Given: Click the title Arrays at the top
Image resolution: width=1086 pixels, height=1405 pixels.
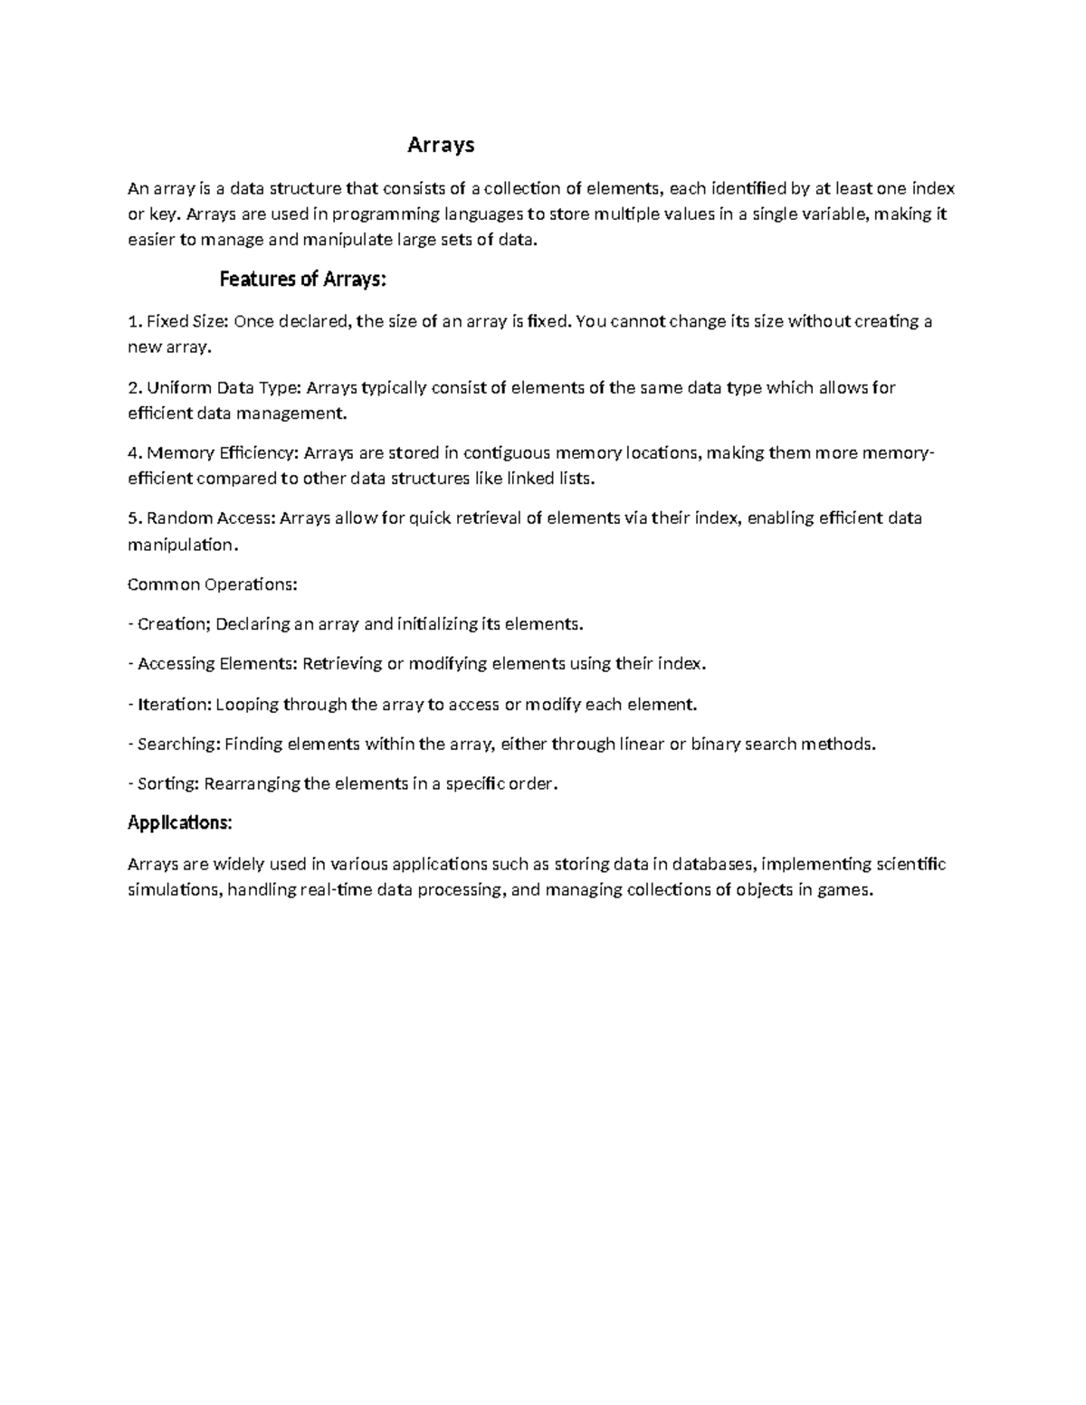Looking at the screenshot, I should [441, 145].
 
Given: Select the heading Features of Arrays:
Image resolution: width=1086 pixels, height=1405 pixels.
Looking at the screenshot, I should [302, 280].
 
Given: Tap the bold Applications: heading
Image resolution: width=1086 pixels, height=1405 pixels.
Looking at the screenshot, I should [179, 822].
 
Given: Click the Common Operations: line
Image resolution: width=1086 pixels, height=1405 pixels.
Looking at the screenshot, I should [212, 584].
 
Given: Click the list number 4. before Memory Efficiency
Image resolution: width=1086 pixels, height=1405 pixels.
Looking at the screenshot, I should [135, 453].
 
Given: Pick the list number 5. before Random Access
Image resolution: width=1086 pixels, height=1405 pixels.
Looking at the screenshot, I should [135, 518].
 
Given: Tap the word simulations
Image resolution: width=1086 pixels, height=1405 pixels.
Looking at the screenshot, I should [174, 890].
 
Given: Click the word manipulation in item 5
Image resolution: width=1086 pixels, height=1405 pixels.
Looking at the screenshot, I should [180, 546].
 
